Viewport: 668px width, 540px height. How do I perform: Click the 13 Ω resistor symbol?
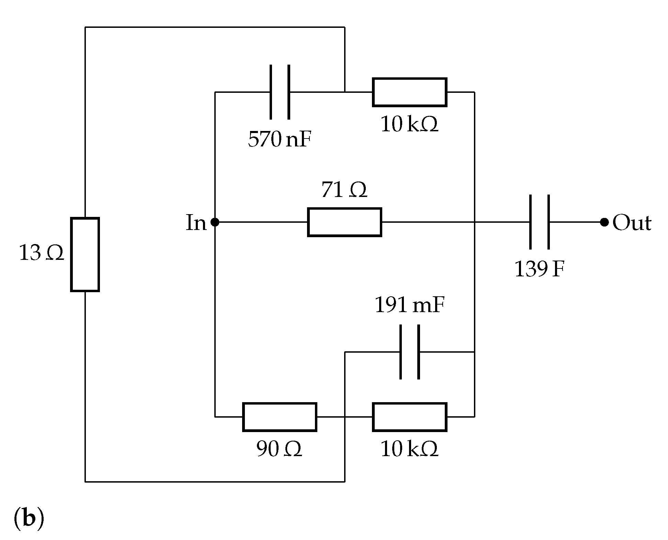85,254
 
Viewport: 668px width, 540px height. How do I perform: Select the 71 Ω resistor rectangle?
344,222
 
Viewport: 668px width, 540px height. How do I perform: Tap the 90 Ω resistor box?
280,417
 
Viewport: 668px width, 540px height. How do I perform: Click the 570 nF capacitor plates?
280,92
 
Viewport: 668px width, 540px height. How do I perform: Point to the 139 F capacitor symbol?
539,222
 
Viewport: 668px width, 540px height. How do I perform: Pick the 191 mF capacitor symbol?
409,352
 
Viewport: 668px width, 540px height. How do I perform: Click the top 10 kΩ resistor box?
409,92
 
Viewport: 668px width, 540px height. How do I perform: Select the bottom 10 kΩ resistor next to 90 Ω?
409,417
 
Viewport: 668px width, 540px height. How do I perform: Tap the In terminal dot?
215,222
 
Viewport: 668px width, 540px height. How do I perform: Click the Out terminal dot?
604,222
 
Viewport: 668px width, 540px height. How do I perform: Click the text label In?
196,223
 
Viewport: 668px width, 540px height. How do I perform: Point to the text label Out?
632,223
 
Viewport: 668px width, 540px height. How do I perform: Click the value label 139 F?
539,269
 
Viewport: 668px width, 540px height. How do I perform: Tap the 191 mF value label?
409,305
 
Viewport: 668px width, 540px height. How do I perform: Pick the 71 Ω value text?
344,190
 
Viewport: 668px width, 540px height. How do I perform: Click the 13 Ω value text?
41,253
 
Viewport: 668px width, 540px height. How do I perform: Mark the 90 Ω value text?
279,449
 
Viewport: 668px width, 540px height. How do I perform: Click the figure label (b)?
29,518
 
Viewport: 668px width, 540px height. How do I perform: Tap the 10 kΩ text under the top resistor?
409,124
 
